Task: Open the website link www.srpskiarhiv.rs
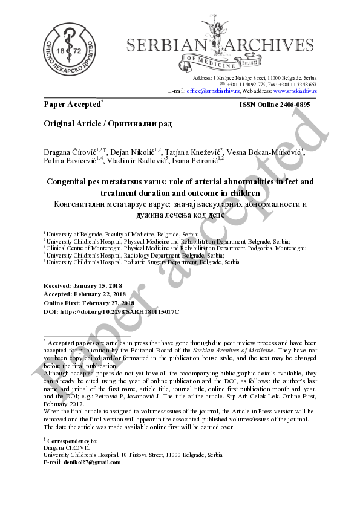pyautogui.click(x=295, y=91)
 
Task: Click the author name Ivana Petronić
pyautogui.click(x=197, y=161)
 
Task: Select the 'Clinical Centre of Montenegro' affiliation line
pyautogui.click(x=175, y=248)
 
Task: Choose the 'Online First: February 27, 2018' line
pyautogui.click(x=89, y=303)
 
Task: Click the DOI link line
pyautogui.click(x=111, y=311)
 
